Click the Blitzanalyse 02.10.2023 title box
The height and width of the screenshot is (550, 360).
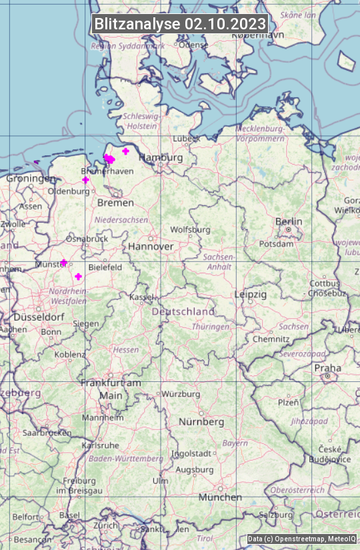click(x=180, y=24)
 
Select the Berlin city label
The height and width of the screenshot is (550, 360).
click(x=289, y=221)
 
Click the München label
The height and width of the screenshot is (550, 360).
click(x=220, y=497)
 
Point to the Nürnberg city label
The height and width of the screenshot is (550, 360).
click(x=201, y=422)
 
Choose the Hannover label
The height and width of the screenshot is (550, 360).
click(x=151, y=246)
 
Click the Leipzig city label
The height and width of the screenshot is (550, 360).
click(x=251, y=294)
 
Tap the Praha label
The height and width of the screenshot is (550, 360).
click(x=327, y=368)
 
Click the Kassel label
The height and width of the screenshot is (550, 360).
click(x=142, y=297)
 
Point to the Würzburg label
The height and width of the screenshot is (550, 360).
click(x=181, y=394)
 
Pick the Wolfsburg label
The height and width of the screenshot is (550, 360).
click(x=190, y=229)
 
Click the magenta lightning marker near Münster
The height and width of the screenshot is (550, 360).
click(x=64, y=263)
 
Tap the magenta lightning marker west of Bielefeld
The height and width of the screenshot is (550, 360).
click(x=78, y=276)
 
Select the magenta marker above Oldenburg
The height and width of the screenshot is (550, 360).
click(x=85, y=180)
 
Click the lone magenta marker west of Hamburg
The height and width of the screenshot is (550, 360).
click(x=125, y=151)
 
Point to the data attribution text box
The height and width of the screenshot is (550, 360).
click(x=302, y=539)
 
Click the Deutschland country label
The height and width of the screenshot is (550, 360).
click(x=183, y=311)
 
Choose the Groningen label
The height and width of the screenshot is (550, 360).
click(x=31, y=179)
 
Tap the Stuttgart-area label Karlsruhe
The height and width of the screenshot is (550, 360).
click(x=100, y=445)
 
